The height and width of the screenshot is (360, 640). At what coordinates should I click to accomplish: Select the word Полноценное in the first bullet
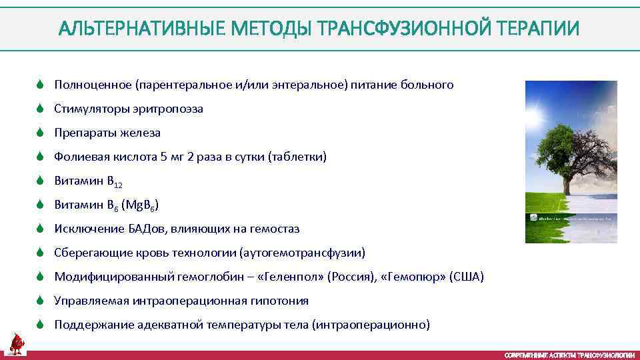[93, 85]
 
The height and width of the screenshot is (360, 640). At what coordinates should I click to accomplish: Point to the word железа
[141, 133]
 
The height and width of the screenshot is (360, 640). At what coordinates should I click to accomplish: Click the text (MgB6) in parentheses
[140, 205]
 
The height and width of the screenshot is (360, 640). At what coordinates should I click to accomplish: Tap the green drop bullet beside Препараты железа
[40, 133]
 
